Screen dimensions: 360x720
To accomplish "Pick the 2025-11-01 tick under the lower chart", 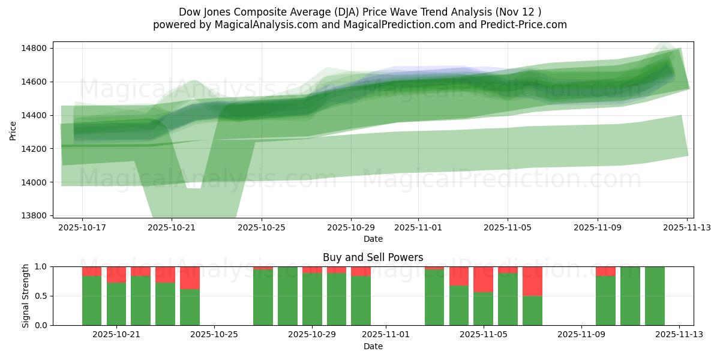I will [386, 335].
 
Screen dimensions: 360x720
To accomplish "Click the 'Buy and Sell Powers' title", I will [373, 257].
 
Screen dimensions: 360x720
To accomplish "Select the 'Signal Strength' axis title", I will [25, 296].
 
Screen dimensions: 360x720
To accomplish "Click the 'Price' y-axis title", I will [13, 130].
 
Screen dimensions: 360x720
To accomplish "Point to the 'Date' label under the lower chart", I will [373, 346].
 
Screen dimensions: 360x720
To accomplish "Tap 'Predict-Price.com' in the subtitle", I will [521, 25].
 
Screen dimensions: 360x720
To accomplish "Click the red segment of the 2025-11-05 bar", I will [483, 279].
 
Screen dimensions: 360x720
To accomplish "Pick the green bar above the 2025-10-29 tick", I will [312, 299].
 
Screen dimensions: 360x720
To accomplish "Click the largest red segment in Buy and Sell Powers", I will [532, 281].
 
